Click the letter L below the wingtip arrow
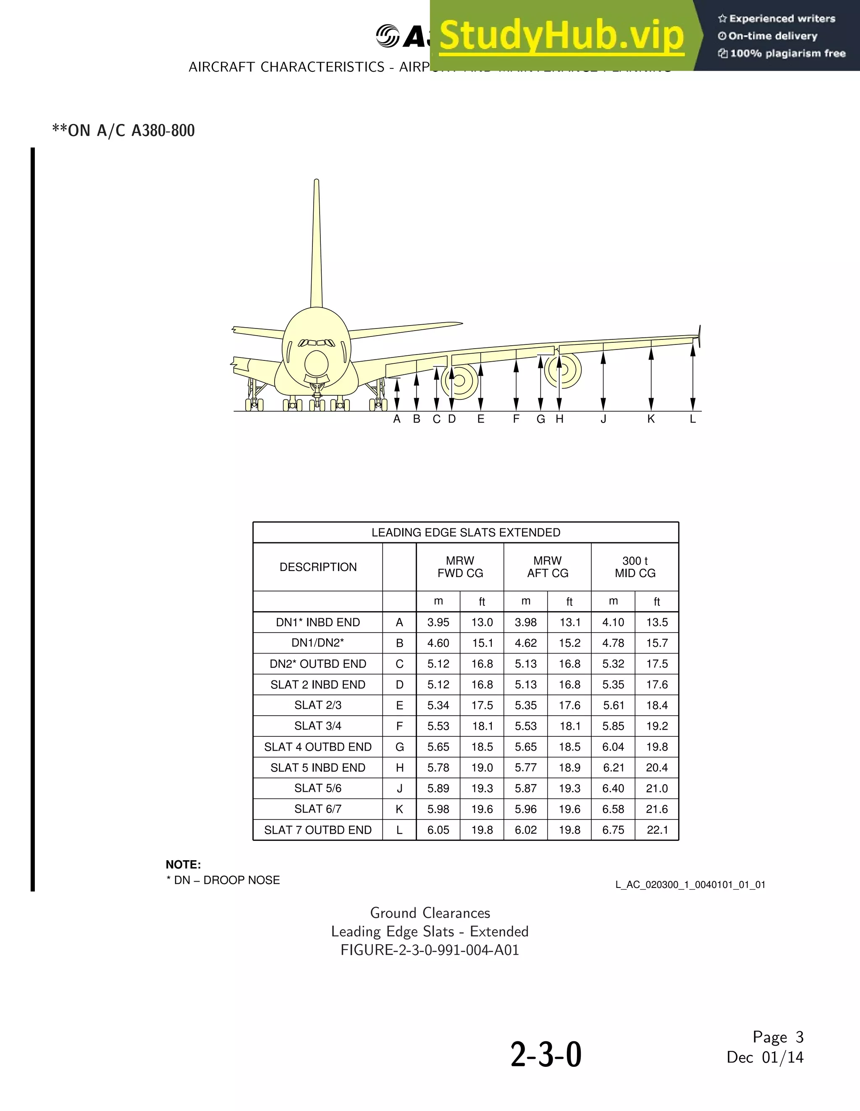(693, 419)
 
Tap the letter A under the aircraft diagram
(397, 419)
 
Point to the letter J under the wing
(603, 419)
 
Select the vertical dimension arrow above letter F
(516, 384)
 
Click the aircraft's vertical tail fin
(316, 244)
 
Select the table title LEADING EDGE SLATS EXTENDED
(466, 533)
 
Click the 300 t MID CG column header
(635, 567)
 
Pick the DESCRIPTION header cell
(318, 567)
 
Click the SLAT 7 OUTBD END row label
(318, 830)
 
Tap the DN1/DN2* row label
(318, 643)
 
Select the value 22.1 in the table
(657, 830)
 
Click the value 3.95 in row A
(438, 622)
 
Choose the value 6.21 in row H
(614, 768)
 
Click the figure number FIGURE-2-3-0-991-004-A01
(430, 950)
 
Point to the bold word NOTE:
(183, 865)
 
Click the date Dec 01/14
(765, 1058)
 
